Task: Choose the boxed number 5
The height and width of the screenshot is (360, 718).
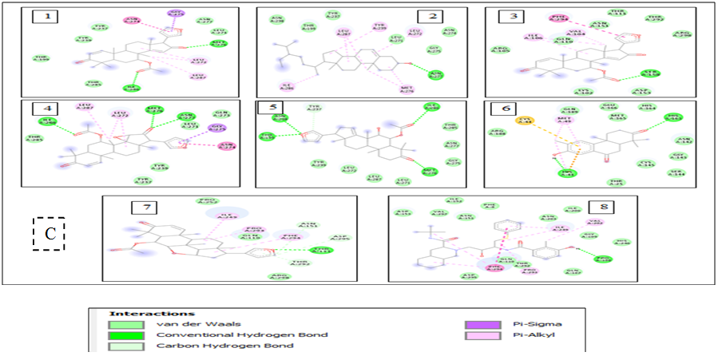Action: pyautogui.click(x=268, y=109)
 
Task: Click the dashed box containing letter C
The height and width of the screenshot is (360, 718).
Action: pyautogui.click(x=48, y=233)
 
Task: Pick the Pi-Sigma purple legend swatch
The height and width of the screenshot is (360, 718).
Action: pyautogui.click(x=478, y=324)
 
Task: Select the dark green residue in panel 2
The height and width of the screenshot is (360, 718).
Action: pyautogui.click(x=435, y=75)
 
